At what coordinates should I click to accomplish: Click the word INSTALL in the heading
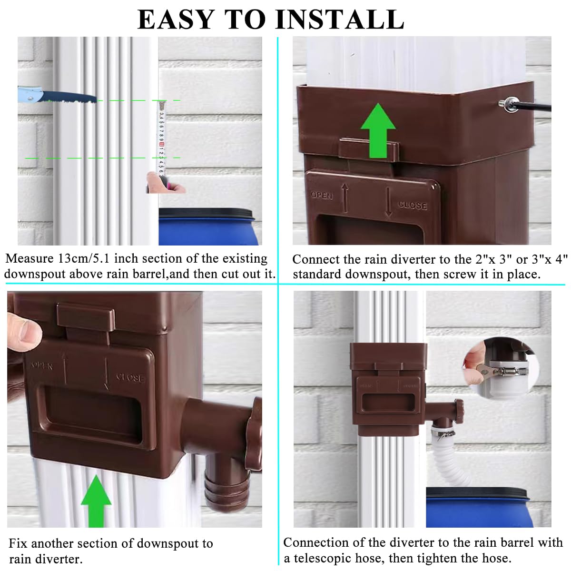pyautogui.click(x=340, y=20)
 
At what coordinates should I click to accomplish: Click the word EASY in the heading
pyautogui.click(x=176, y=20)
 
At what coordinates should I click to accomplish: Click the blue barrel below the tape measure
pyautogui.click(x=209, y=226)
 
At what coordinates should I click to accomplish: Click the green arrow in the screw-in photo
pyautogui.click(x=378, y=131)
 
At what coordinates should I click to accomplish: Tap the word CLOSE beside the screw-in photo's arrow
pyautogui.click(x=412, y=205)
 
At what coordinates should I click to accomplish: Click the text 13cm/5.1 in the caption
pyautogui.click(x=84, y=259)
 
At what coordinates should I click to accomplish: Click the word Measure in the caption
pyautogui.click(x=29, y=259)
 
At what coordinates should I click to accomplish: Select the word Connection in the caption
pyautogui.click(x=315, y=543)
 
